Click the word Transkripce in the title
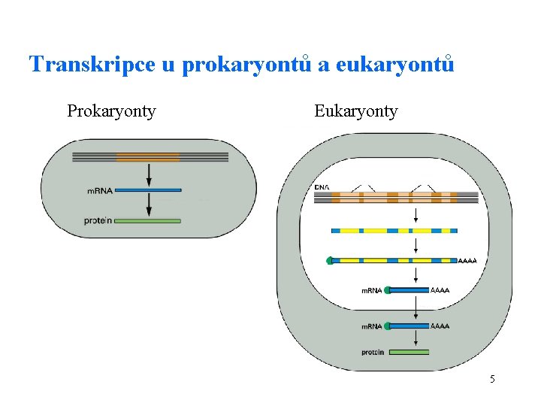[x=92, y=65]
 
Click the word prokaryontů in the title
[x=247, y=65]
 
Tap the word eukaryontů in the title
[x=395, y=65]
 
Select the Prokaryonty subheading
[x=111, y=112]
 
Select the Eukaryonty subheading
[x=355, y=112]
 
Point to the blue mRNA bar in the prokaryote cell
[x=148, y=190]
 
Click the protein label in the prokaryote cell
[x=98, y=220]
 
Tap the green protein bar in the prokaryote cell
[x=148, y=220]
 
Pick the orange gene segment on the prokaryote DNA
[x=148, y=157]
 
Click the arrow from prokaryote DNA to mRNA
[x=149, y=174]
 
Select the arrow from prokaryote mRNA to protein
[x=149, y=205]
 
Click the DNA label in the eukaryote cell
[x=322, y=187]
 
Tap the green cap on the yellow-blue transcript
[x=329, y=261]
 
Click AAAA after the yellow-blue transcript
[x=467, y=261]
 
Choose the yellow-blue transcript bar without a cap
[x=394, y=230]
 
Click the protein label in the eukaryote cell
[x=373, y=352]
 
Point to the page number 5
[x=492, y=379]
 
